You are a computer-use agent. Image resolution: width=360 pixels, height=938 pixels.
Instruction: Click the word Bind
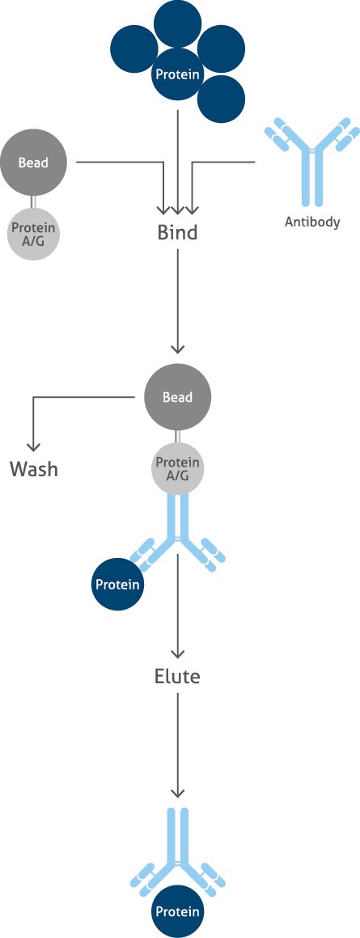click(x=177, y=233)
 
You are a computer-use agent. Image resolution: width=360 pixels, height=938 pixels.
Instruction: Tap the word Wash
click(x=34, y=468)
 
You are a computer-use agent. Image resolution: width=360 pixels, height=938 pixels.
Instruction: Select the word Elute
click(x=177, y=676)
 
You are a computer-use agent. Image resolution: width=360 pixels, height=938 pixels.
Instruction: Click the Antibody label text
click(x=312, y=222)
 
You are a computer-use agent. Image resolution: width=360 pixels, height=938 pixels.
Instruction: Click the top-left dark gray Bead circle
click(x=33, y=163)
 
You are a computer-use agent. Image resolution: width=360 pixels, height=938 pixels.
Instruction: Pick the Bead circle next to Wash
click(x=177, y=397)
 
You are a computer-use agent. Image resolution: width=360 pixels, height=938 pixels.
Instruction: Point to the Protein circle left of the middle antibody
click(x=118, y=584)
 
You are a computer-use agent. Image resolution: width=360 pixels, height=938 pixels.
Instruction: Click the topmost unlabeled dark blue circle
click(x=177, y=23)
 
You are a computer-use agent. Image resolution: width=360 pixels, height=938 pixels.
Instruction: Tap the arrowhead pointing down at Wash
click(x=33, y=446)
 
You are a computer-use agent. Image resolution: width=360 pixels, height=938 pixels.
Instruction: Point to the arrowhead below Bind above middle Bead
click(x=177, y=348)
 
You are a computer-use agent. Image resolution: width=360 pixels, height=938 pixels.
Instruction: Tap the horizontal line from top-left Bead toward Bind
click(x=121, y=163)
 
